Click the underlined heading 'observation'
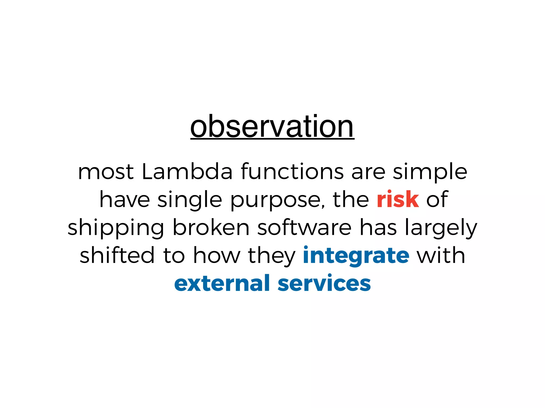pyautogui.click(x=272, y=127)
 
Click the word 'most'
pyautogui.click(x=106, y=172)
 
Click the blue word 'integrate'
pyautogui.click(x=356, y=256)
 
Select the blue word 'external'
pyautogui.click(x=222, y=283)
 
